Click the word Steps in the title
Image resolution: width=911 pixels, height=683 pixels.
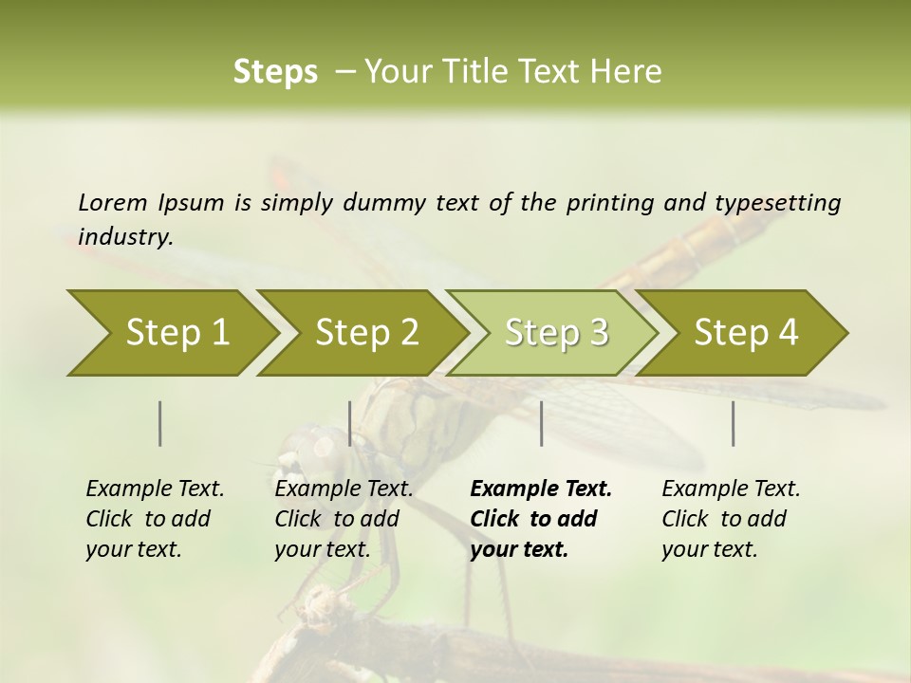(x=275, y=72)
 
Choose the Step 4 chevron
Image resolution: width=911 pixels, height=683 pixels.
(x=746, y=333)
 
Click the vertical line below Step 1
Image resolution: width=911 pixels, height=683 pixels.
(x=160, y=423)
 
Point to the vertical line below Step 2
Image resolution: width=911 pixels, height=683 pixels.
(x=350, y=423)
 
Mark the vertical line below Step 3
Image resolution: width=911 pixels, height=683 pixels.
(x=542, y=423)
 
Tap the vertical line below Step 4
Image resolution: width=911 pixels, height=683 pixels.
(x=734, y=423)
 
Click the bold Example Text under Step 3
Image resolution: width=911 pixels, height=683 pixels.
(x=541, y=489)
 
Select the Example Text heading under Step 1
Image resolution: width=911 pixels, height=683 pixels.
(x=155, y=489)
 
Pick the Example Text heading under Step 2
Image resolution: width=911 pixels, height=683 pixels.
(x=344, y=489)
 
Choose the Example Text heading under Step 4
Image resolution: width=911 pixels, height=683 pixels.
(x=731, y=489)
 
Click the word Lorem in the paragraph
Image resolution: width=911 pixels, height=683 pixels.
(x=113, y=203)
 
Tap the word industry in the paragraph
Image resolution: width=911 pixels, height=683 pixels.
(x=124, y=237)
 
